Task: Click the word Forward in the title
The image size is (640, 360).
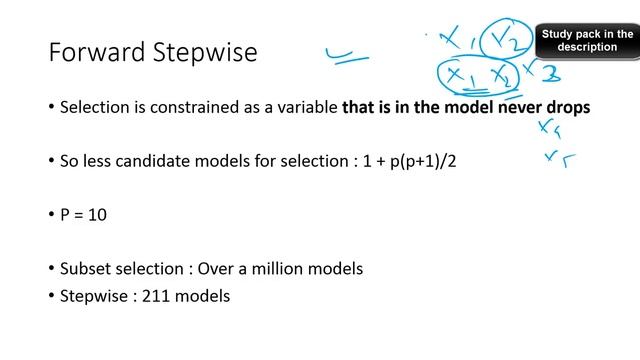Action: [95, 51]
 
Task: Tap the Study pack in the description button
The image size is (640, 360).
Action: [588, 40]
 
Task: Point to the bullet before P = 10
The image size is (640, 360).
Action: [51, 211]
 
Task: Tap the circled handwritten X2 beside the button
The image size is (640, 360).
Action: [503, 41]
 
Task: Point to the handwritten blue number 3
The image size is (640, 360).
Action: [549, 73]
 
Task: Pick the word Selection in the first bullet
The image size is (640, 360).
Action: [95, 107]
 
